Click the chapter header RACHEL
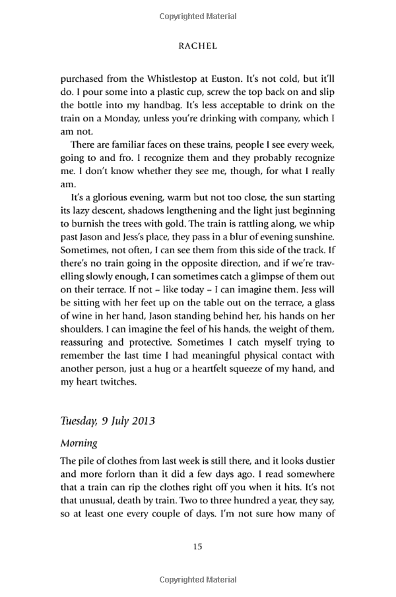pyautogui.click(x=198, y=47)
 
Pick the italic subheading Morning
pyautogui.click(x=79, y=443)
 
